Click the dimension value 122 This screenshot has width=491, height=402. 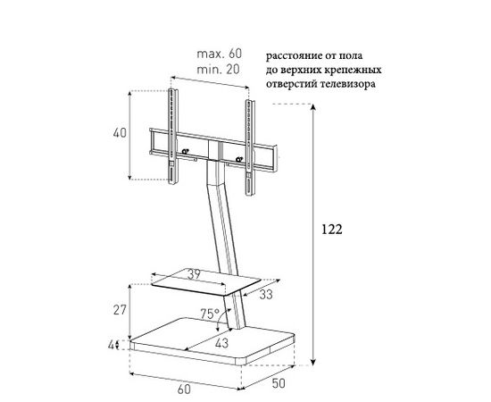332,230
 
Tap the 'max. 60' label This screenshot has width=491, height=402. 220,54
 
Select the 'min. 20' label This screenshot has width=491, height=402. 218,70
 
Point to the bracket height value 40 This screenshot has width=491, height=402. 120,133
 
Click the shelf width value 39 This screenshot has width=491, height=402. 194,275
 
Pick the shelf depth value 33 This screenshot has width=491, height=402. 266,295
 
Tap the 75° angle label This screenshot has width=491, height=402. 210,314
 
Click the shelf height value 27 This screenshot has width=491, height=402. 120,310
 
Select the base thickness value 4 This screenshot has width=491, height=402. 112,346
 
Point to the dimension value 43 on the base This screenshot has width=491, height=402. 221,343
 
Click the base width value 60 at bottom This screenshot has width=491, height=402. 184,389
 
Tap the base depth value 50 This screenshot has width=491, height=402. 279,383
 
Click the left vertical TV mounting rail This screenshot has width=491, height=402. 173,137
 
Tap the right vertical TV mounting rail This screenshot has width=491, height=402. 250,147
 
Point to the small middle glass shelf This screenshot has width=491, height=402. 205,281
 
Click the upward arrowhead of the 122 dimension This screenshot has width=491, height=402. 312,107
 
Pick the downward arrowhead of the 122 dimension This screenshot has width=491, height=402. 312,362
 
